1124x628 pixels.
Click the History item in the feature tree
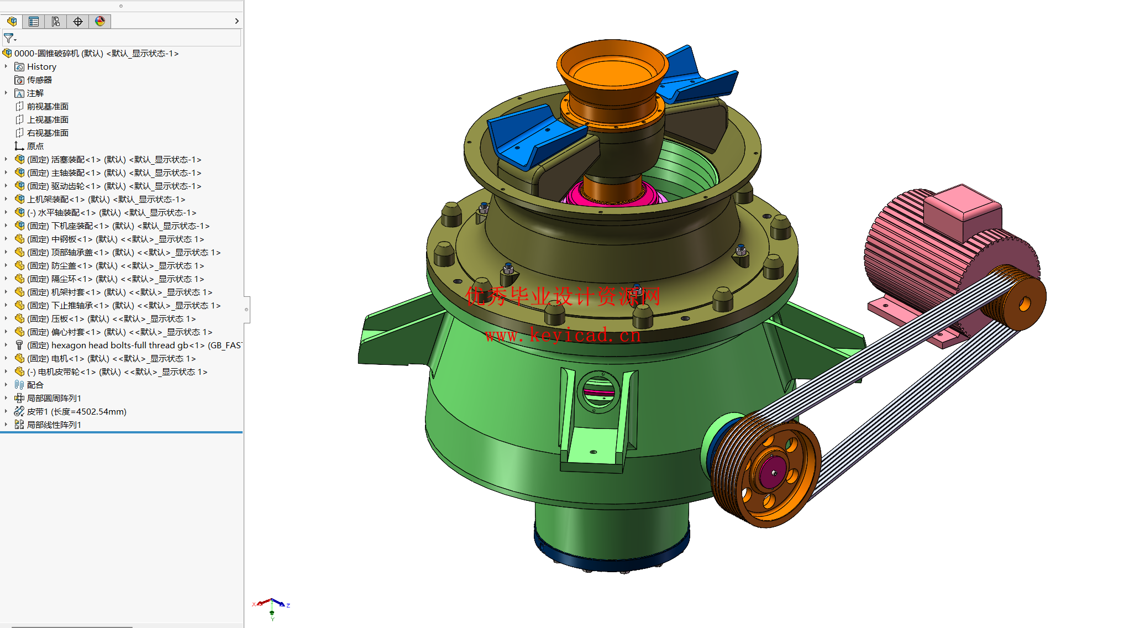41,67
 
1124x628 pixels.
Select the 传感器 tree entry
39,80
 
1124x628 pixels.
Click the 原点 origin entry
35,146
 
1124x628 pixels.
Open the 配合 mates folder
35,385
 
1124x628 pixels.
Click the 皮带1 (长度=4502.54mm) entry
76,412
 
